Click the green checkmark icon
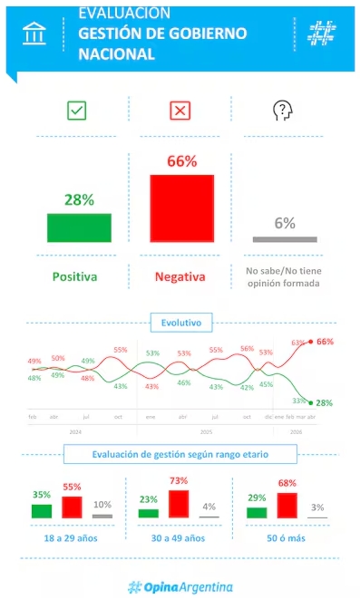pyautogui.click(x=77, y=111)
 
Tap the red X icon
pyautogui.click(x=180, y=111)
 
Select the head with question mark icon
pyautogui.click(x=283, y=111)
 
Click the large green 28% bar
pyautogui.click(x=79, y=227)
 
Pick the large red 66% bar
pyautogui.click(x=181, y=208)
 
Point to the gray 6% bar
pyautogui.click(x=284, y=239)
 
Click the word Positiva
pyautogui.click(x=74, y=275)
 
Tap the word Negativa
pyautogui.click(x=180, y=275)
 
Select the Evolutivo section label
pyautogui.click(x=180, y=322)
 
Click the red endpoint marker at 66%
pyautogui.click(x=311, y=342)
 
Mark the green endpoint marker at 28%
pyautogui.click(x=311, y=402)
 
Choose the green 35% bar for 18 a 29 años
pyautogui.click(x=42, y=510)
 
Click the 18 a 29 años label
pyautogui.click(x=72, y=537)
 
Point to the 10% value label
pyautogui.click(x=102, y=505)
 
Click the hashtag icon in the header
pyautogui.click(x=320, y=34)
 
